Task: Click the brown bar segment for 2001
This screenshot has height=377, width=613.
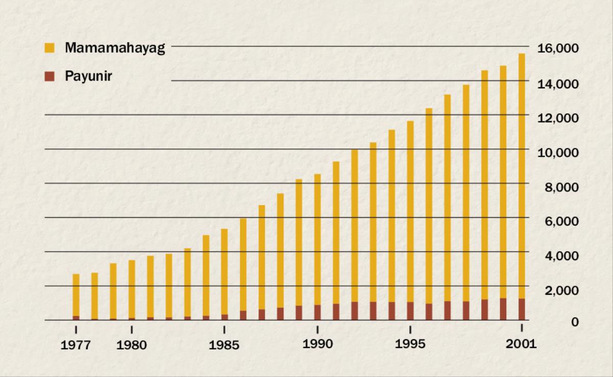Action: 522,309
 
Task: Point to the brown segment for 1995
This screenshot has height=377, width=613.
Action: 410,311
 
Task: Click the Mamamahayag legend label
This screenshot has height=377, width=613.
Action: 115,48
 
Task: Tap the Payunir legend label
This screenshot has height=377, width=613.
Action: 88,77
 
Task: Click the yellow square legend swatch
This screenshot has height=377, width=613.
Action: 50,48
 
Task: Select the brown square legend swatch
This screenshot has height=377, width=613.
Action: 50,77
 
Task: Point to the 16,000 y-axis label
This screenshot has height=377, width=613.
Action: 558,48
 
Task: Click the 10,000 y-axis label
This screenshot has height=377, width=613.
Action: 558,152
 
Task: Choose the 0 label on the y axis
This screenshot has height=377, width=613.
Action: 575,322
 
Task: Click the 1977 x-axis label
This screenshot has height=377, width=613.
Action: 76,345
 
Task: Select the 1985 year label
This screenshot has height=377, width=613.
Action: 224,345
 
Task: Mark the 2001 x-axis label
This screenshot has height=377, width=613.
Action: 522,344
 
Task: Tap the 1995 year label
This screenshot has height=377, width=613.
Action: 410,344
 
